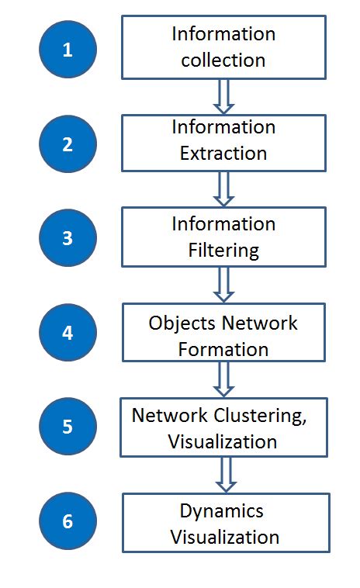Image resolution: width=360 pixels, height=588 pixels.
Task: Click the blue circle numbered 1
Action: pyautogui.click(x=67, y=50)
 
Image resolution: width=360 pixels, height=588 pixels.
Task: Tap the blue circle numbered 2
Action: pyautogui.click(x=67, y=144)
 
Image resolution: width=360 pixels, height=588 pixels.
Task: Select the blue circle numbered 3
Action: pyautogui.click(x=67, y=237)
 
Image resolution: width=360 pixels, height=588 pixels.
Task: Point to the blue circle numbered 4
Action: pyautogui.click(x=67, y=332)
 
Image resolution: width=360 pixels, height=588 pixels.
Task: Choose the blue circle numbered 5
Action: pyautogui.click(x=67, y=427)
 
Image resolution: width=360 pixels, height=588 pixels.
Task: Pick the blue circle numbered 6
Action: pyautogui.click(x=67, y=521)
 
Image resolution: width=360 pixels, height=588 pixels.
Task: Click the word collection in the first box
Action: pyautogui.click(x=223, y=60)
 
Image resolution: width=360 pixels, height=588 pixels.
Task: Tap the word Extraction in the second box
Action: pyautogui.click(x=223, y=154)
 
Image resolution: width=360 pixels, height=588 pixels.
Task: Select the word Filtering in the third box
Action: pyautogui.click(x=223, y=251)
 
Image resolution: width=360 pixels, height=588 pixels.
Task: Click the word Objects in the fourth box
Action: pyautogui.click(x=178, y=323)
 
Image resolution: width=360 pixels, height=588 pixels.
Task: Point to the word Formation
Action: pyautogui.click(x=223, y=349)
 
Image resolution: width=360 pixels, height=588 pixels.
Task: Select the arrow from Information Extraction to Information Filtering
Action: pyautogui.click(x=224, y=189)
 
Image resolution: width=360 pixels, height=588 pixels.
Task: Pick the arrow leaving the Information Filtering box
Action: pyautogui.click(x=224, y=285)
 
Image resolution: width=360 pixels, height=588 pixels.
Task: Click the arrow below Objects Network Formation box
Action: pyautogui.click(x=224, y=379)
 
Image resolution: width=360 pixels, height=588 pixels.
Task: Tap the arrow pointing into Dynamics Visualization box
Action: pyautogui.click(x=224, y=474)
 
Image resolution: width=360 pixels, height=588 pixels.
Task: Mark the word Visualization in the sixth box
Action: pyautogui.click(x=224, y=536)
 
